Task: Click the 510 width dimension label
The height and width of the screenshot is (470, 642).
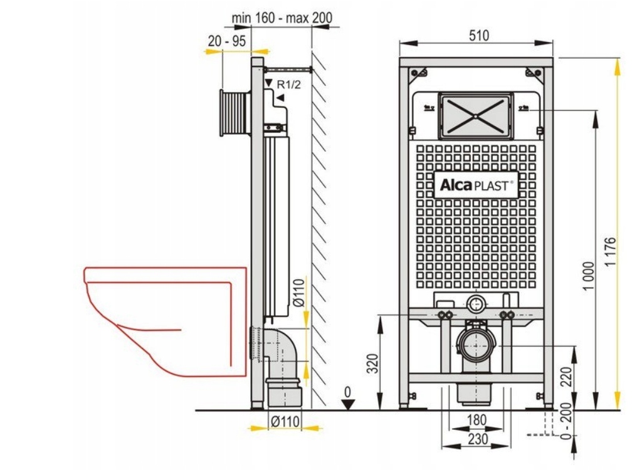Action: tap(478, 36)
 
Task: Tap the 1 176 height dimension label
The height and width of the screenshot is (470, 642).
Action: tap(610, 252)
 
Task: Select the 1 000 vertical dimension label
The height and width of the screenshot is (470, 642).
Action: tap(588, 276)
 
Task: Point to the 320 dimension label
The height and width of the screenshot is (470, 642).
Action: tap(372, 363)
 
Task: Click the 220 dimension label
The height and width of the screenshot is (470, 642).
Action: tap(566, 377)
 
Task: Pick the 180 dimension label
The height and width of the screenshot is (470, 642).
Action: tap(476, 420)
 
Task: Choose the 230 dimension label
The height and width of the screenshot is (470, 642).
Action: tap(478, 439)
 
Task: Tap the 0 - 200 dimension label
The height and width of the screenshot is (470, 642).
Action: tap(566, 421)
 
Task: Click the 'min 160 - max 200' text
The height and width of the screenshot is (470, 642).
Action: tap(282, 18)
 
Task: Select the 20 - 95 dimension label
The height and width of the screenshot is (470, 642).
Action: tap(227, 41)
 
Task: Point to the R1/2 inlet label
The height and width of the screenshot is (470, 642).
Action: tap(289, 85)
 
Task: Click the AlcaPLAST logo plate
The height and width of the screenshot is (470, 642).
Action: tap(476, 185)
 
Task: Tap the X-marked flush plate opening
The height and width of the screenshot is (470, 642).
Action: tap(475, 117)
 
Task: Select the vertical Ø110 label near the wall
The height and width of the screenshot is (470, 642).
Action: tap(300, 292)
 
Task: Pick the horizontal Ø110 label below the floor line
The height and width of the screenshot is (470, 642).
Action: tap(285, 421)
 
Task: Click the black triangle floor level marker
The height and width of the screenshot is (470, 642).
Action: tap(347, 404)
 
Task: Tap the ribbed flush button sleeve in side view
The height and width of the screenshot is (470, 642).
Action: tap(234, 113)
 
